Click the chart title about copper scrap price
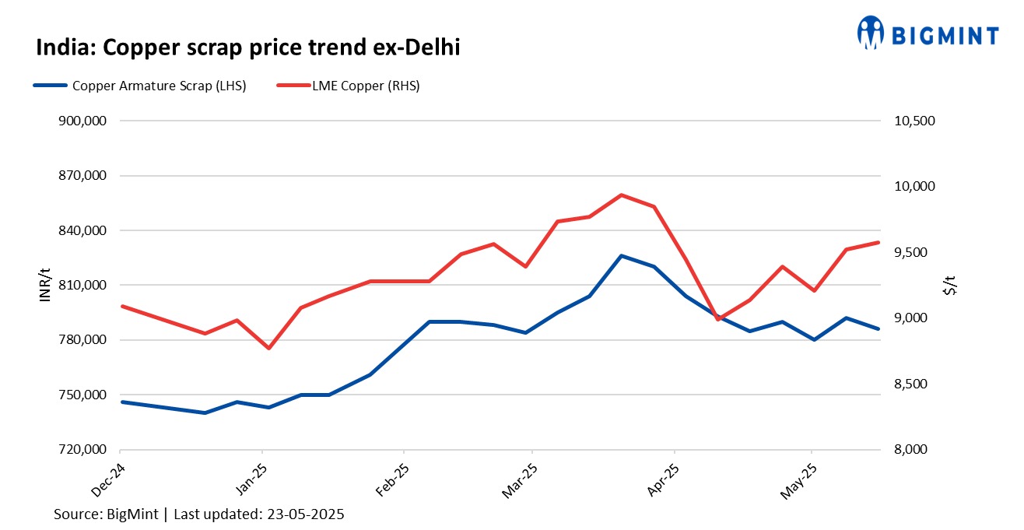(x=248, y=48)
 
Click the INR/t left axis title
(x=45, y=285)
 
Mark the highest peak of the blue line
(x=621, y=255)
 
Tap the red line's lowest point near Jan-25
(x=269, y=348)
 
